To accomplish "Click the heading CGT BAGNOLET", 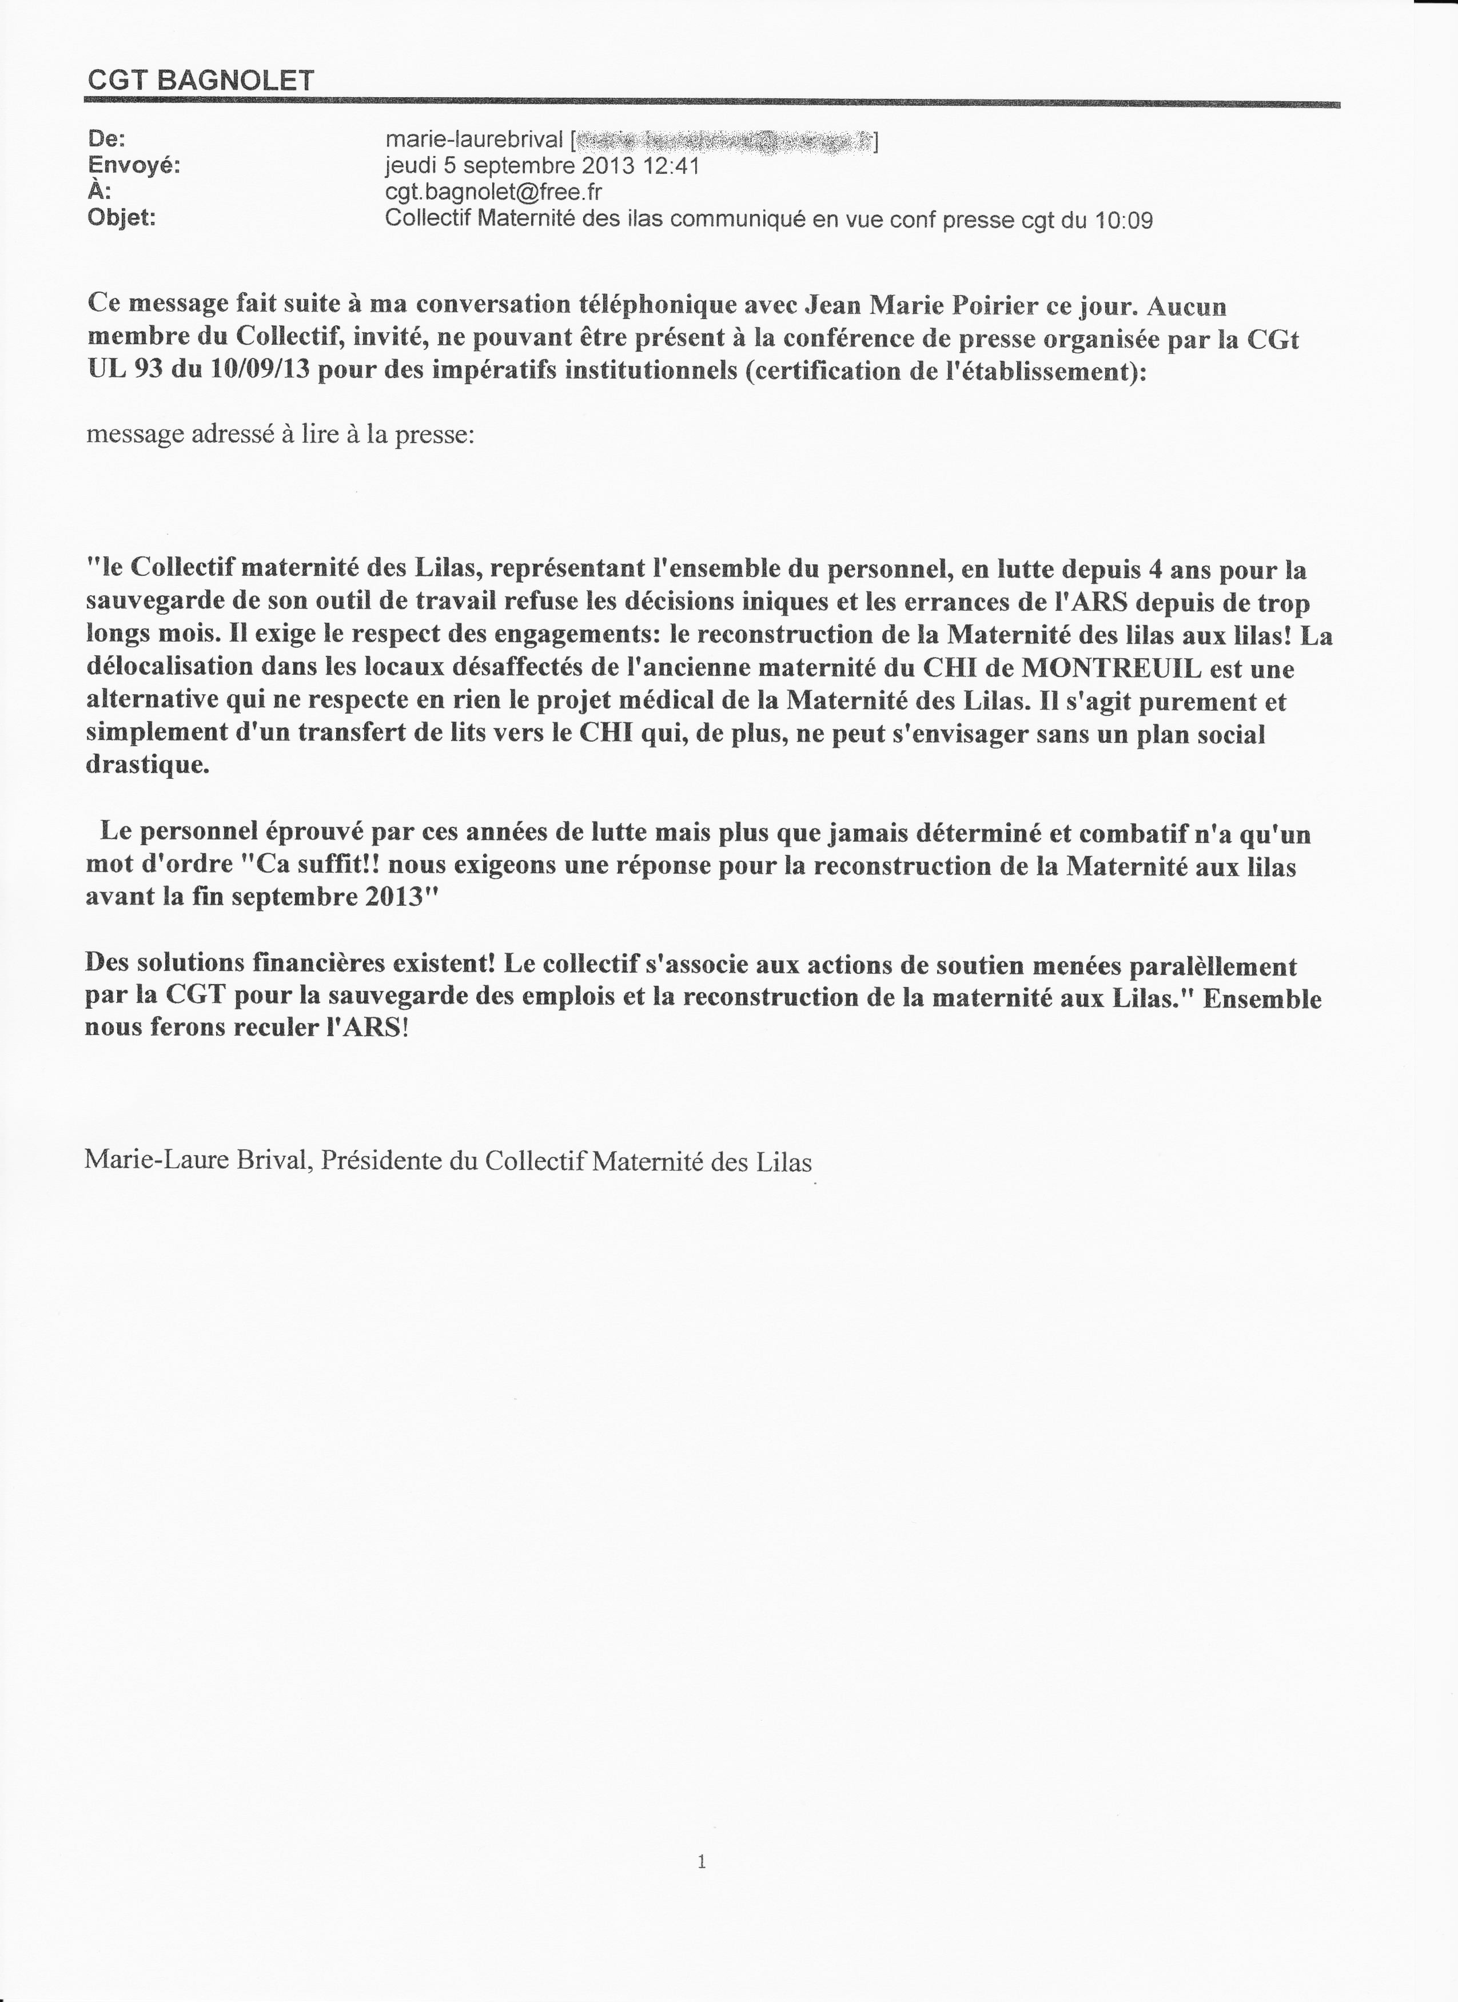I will pos(200,81).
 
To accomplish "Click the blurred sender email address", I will pos(724,140).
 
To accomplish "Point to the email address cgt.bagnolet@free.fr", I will pos(494,193).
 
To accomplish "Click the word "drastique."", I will pos(148,765).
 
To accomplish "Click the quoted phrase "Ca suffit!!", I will pos(309,866).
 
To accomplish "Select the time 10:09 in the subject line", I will pos(1124,219).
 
